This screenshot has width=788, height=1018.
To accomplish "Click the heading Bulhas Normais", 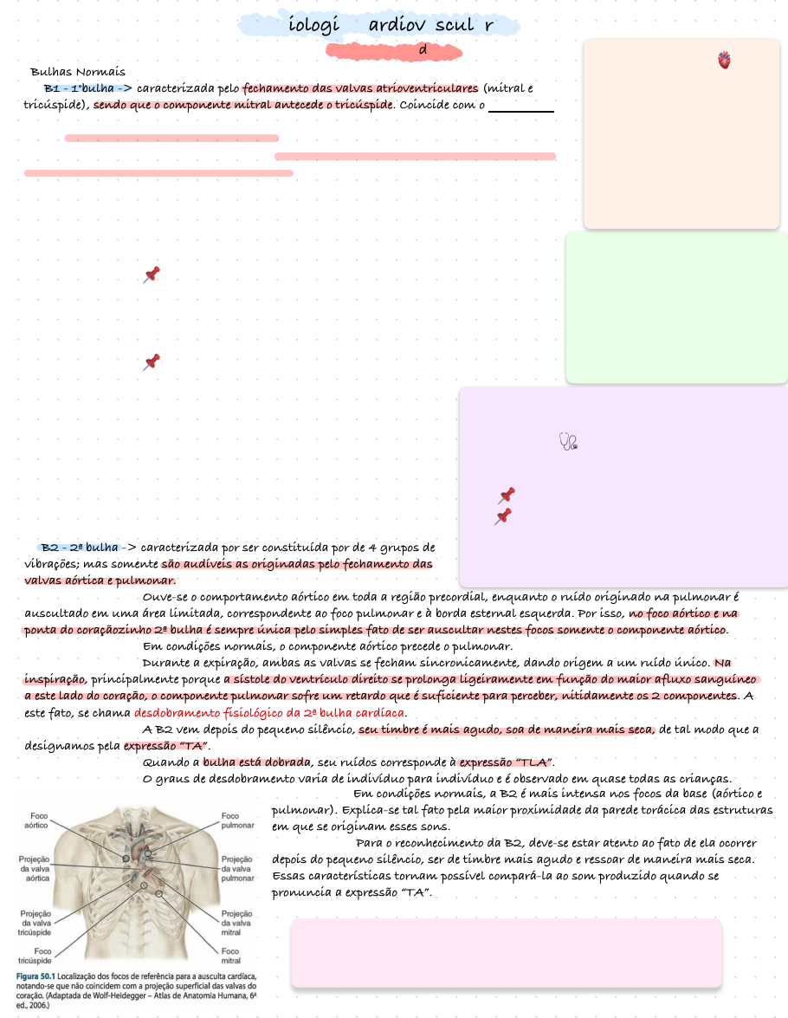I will click(x=78, y=72).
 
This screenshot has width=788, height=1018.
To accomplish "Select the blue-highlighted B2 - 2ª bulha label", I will click(x=79, y=548).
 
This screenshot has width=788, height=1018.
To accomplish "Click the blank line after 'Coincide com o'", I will click(x=521, y=108).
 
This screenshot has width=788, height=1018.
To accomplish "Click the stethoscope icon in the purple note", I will click(x=568, y=442).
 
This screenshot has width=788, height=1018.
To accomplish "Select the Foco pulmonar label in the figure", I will click(x=236, y=820).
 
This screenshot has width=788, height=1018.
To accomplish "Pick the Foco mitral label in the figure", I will click(x=231, y=955).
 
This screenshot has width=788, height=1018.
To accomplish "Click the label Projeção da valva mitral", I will click(x=236, y=924).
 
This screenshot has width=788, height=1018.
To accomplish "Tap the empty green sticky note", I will click(x=676, y=307).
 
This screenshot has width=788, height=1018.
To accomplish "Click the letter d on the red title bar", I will click(x=423, y=50).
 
